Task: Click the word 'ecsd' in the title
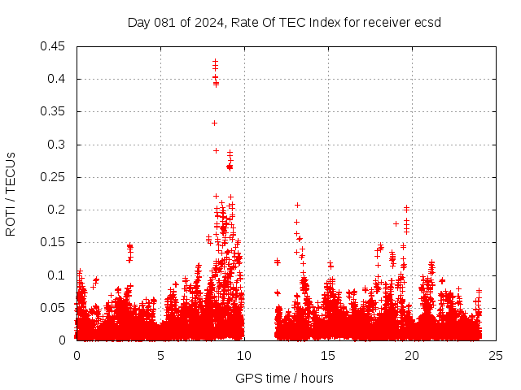point(427,22)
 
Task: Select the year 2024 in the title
point(207,22)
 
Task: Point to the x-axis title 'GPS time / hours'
point(284,378)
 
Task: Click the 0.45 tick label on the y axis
point(54,46)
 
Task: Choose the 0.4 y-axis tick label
point(57,79)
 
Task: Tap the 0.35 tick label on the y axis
point(54,111)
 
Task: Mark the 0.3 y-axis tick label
point(57,145)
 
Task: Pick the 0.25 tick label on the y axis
point(54,177)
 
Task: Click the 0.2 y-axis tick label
point(57,210)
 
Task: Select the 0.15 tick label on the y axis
point(54,242)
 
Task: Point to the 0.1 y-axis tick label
point(57,275)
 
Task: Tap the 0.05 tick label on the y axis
point(54,307)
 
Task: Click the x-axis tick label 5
point(160,355)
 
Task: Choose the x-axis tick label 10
point(245,355)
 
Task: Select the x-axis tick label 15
point(329,355)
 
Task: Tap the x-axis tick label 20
point(413,355)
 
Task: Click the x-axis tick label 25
point(497,355)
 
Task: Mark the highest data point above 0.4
point(215,61)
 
